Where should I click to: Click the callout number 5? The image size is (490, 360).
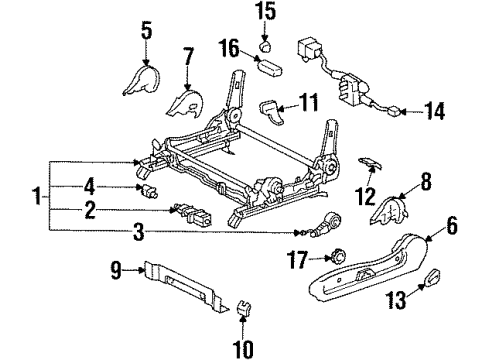click(x=146, y=30)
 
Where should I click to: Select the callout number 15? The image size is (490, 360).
click(x=264, y=13)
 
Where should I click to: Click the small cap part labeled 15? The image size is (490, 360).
click(x=266, y=44)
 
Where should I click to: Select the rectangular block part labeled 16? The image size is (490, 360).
click(x=271, y=67)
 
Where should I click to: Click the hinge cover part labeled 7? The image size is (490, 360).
click(x=183, y=103)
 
